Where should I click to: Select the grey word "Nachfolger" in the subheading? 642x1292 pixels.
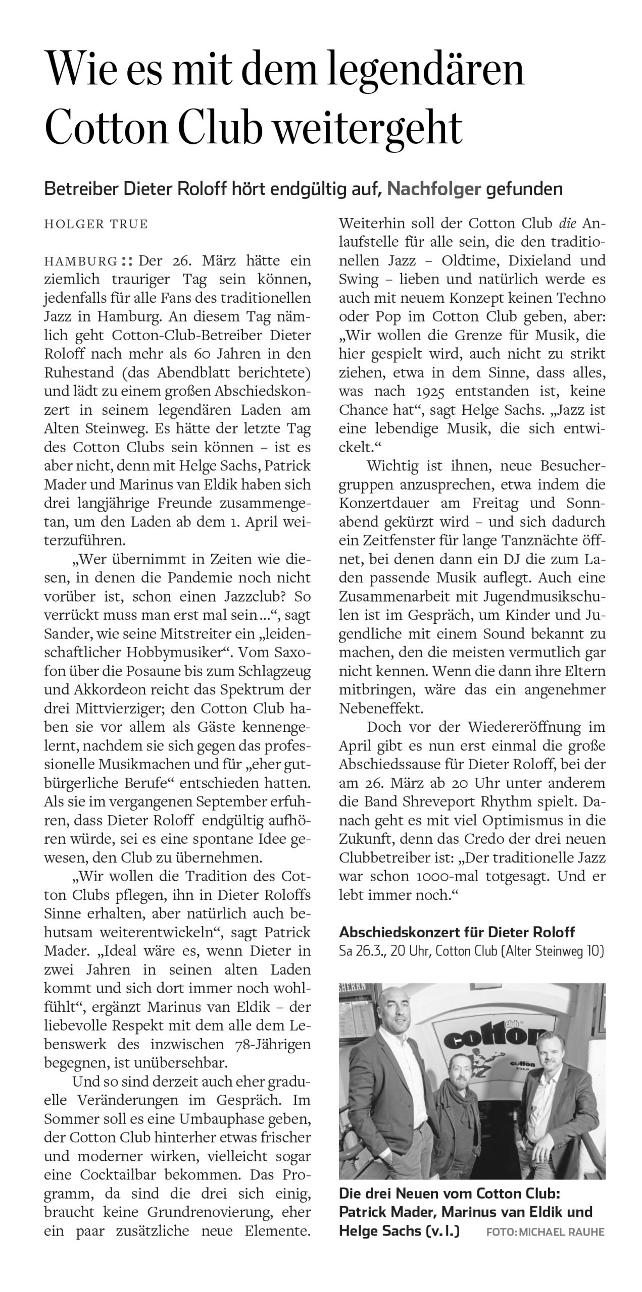(x=433, y=189)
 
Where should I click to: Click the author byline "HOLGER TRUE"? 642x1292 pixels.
(x=96, y=224)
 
